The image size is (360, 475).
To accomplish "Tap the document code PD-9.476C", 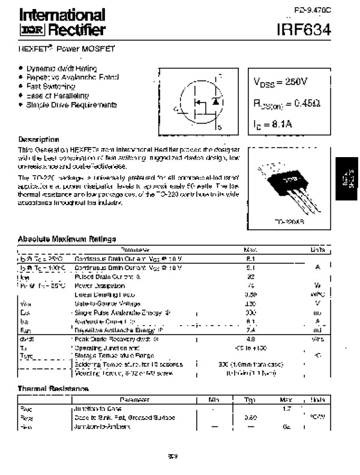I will coord(312,10).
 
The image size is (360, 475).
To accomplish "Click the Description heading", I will coord(38,139).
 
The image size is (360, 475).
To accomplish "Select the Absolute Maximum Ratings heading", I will coord(67,239).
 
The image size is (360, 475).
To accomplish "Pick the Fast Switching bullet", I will coord(50,86).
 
